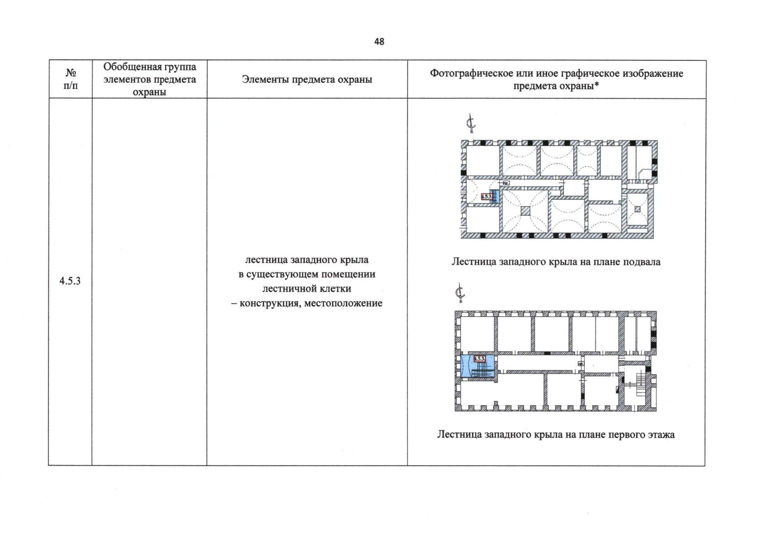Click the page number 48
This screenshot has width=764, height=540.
[x=379, y=42]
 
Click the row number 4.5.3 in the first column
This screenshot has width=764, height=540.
[x=70, y=281]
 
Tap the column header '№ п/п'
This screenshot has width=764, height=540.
[x=71, y=79]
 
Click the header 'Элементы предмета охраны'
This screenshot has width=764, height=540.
[x=307, y=80]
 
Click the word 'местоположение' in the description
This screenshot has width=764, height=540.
[x=343, y=303]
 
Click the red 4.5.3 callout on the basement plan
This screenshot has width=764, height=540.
[x=486, y=197]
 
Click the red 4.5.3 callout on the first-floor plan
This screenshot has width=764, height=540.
[x=480, y=359]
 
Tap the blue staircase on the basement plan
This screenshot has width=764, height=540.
[x=495, y=197]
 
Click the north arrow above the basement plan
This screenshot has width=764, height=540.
[x=471, y=124]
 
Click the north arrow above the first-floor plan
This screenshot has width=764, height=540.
[x=459, y=293]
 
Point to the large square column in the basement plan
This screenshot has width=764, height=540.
[x=526, y=211]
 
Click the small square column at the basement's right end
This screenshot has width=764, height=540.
[x=637, y=209]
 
